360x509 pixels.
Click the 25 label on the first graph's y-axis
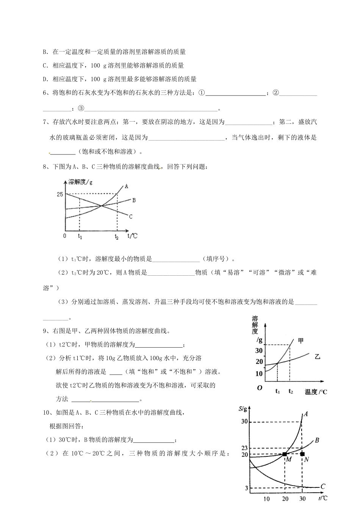coord(60,194)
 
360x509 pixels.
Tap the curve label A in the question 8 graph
coord(126,186)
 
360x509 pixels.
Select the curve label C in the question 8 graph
coord(130,217)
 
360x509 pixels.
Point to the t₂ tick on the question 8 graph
coord(117,237)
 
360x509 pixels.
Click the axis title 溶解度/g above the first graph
coord(80,182)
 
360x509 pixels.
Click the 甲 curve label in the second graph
coord(301,340)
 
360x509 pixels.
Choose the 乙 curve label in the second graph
coord(318,356)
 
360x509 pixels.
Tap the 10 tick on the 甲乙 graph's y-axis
coord(259,373)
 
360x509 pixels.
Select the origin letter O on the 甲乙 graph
coord(260,388)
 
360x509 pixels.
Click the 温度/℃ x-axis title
coord(316,392)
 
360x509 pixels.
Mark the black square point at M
coord(285,454)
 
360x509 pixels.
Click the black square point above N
coord(302,454)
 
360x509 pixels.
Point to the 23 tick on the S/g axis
coord(244,448)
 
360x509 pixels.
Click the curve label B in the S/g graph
coord(317,440)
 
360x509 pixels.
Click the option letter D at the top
coord(45,79)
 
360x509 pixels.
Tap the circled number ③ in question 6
coord(81,108)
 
